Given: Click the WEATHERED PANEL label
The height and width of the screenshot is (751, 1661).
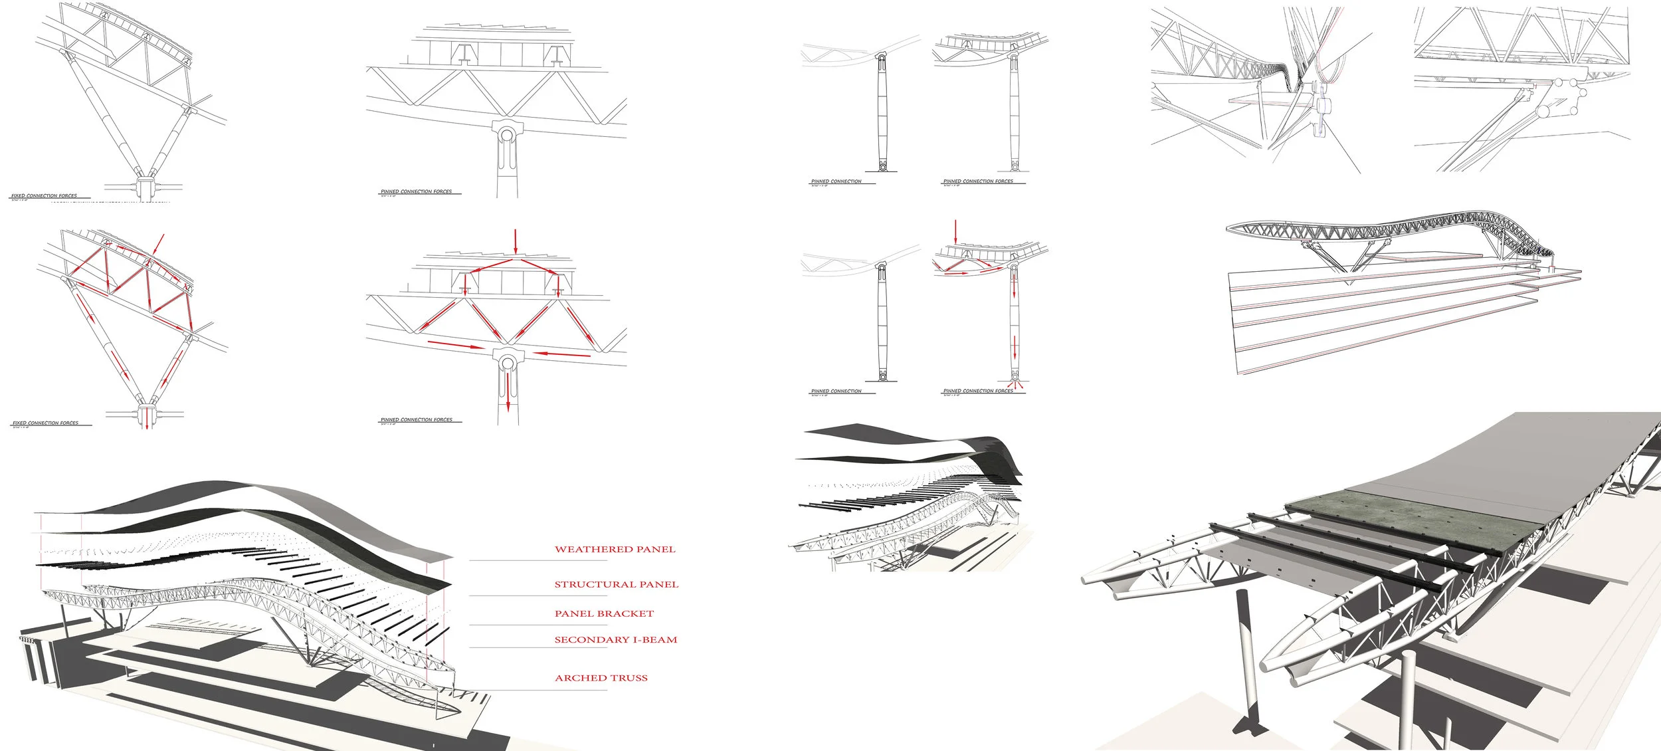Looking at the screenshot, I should pyautogui.click(x=615, y=550).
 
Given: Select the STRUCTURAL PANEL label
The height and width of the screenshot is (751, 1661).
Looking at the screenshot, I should pyautogui.click(x=616, y=585).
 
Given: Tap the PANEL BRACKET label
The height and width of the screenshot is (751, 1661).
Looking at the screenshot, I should pyautogui.click(x=604, y=614).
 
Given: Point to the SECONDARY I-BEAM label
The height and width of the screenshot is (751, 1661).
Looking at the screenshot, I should pyautogui.click(x=615, y=640).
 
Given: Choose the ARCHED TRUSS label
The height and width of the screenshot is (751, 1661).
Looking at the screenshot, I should pyautogui.click(x=601, y=679).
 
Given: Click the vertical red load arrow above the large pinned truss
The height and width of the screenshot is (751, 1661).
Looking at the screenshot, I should pyautogui.click(x=515, y=243).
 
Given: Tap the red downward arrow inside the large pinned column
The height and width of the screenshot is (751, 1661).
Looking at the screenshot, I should pyautogui.click(x=508, y=392).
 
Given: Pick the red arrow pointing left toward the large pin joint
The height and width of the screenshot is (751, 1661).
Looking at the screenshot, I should pyautogui.click(x=561, y=354).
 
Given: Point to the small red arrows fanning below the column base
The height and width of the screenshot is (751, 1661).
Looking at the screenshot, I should pyautogui.click(x=1015, y=383).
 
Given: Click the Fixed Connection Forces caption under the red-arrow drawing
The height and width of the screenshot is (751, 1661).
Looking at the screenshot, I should pyautogui.click(x=45, y=423).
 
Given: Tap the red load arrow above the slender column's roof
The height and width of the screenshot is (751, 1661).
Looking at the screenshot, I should pyautogui.click(x=955, y=231).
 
